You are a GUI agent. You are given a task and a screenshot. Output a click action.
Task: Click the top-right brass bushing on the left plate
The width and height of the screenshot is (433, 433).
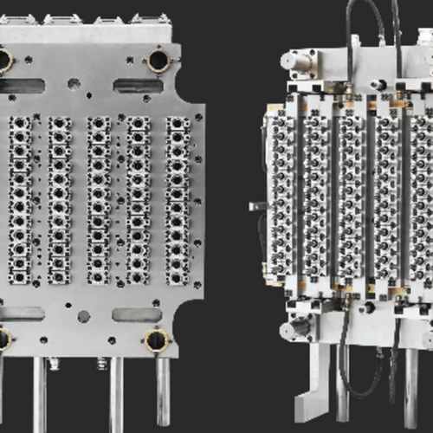click(x=158, y=60)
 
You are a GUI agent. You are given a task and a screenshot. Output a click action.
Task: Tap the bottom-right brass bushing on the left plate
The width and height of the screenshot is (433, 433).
click(x=157, y=339)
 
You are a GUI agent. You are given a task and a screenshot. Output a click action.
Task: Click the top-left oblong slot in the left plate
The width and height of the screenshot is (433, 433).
click(x=23, y=86)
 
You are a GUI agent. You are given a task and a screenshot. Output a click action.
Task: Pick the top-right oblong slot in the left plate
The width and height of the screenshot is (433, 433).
click(x=137, y=86)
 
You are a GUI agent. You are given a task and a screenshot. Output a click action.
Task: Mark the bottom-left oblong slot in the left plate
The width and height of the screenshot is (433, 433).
click(x=23, y=313)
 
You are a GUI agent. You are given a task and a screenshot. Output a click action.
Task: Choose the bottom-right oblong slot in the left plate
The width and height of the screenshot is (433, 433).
click(x=137, y=313)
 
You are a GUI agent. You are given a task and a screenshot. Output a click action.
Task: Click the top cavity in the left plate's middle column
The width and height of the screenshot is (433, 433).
click(x=98, y=124)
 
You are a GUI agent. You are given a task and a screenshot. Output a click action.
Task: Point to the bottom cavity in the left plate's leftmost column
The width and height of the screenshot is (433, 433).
click(x=20, y=276)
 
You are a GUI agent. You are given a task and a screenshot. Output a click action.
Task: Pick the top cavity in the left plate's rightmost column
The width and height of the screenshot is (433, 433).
click(x=178, y=124)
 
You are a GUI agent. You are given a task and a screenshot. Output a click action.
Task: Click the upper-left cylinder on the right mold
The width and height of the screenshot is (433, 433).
click(x=298, y=61)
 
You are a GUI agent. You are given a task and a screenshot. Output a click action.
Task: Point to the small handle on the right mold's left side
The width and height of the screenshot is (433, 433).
click(x=257, y=206)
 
